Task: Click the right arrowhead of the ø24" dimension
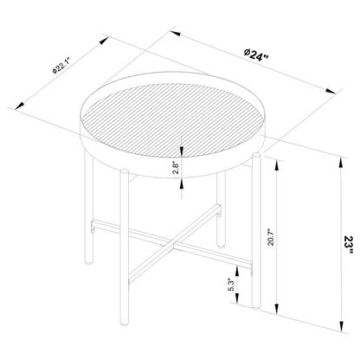pos(336,89)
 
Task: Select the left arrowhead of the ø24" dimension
pos(172,32)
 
